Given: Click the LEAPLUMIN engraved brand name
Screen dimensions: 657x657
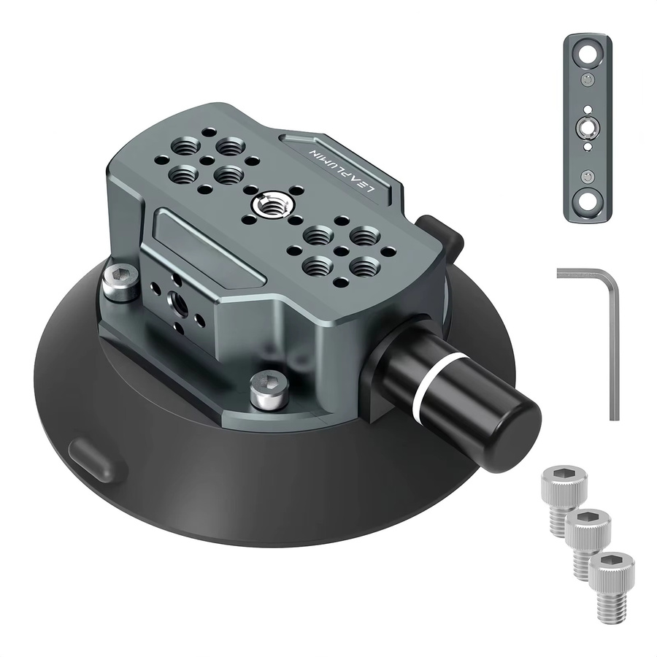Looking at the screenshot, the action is pos(342,169).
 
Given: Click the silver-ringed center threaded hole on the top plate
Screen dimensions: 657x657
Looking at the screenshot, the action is pos(268,205).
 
